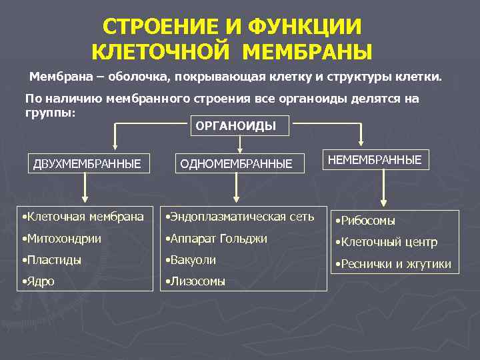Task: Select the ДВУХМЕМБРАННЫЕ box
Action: click(87, 163)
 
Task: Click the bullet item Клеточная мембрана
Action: click(82, 217)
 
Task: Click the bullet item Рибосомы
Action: click(365, 221)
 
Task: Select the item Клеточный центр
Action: click(386, 242)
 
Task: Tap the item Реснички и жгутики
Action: click(393, 264)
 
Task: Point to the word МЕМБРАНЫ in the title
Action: click(307, 51)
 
